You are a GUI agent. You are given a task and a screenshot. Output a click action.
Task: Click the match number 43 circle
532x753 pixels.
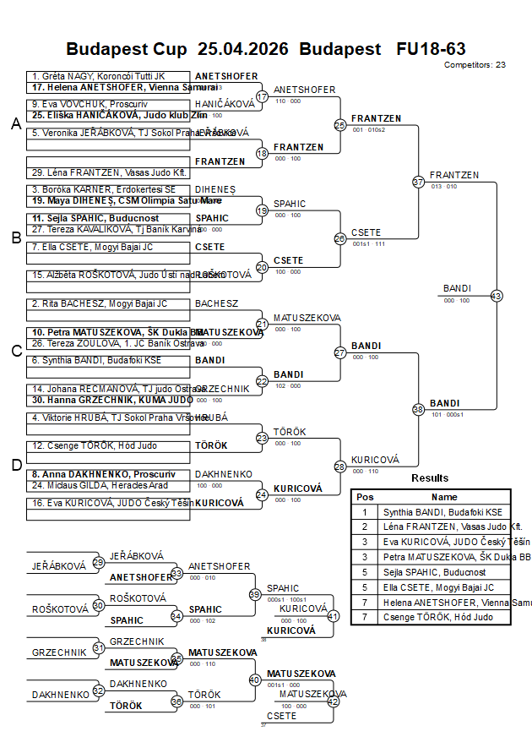coord(497,296)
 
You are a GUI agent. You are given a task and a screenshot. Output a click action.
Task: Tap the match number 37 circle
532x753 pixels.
coord(418,182)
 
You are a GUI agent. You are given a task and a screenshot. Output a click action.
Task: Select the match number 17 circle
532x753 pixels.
coord(262,96)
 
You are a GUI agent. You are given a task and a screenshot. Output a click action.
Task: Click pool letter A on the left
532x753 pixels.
coord(15,124)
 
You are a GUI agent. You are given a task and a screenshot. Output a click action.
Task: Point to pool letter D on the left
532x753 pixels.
coord(15,464)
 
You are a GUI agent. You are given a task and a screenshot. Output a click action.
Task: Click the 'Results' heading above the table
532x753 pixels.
coord(430,478)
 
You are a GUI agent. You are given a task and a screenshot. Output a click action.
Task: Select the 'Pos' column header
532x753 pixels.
coord(365,497)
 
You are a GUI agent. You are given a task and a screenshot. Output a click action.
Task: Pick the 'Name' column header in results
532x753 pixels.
coord(443,497)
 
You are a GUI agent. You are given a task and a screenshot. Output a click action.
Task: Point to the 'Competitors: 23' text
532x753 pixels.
coord(475,64)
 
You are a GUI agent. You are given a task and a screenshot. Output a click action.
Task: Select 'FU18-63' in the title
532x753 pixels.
coord(431,49)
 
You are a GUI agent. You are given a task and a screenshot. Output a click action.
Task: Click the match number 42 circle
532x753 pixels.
coord(333,701)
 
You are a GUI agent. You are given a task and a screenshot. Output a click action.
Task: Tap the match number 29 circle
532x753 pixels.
coord(99,562)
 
